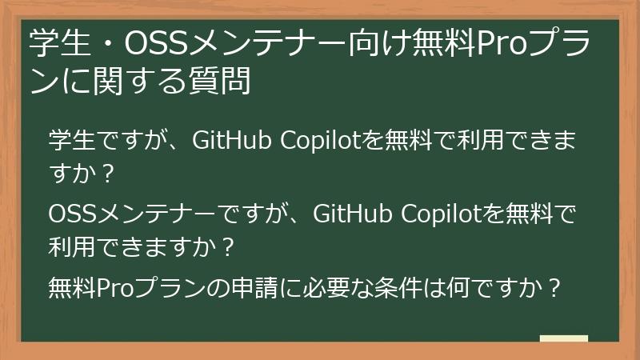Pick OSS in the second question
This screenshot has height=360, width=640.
coord(70,214)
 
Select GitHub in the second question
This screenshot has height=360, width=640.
coord(346,214)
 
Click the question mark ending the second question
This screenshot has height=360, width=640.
coord(227,248)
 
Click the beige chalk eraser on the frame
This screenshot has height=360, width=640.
coord(563,339)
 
